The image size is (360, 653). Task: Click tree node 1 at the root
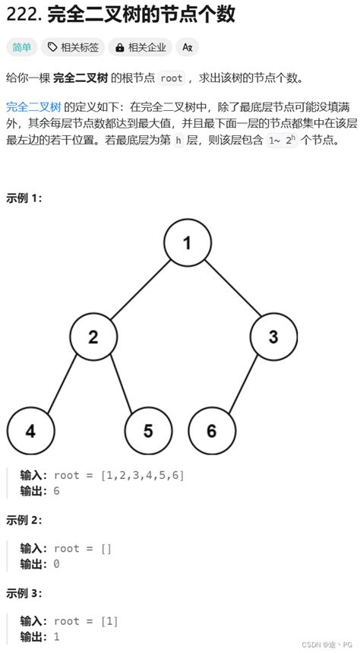tap(187, 243)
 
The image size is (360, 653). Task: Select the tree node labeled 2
tap(93, 337)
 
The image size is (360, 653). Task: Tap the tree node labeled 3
tap(273, 337)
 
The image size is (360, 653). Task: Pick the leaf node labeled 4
tap(30, 431)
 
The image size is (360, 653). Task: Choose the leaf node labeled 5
tap(148, 431)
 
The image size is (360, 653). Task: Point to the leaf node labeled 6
tap(211, 431)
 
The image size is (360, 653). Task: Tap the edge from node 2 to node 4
tap(62, 383)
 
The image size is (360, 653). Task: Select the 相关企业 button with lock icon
tap(140, 47)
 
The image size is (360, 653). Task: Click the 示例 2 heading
tap(24, 520)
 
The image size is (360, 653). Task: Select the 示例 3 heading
tap(24, 593)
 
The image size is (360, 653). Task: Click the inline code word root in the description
tap(172, 78)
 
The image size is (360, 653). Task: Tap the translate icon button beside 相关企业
tap(187, 47)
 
